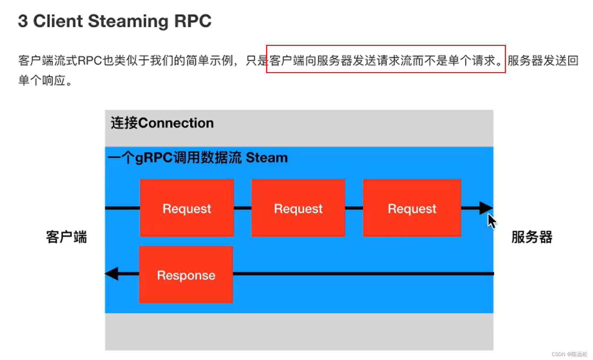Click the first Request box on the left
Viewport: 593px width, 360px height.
click(186, 208)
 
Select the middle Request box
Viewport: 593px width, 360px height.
click(298, 208)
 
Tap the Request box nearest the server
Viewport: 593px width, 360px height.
click(412, 208)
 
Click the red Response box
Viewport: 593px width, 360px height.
click(186, 275)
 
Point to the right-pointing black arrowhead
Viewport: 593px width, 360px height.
click(486, 208)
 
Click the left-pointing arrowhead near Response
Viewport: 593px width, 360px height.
click(112, 274)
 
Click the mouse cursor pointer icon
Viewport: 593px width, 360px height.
click(492, 221)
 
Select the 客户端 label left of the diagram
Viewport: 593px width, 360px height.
click(66, 237)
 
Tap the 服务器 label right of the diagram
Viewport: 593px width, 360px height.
click(532, 237)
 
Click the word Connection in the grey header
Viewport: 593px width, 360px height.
click(176, 123)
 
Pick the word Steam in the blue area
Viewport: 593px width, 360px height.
click(266, 158)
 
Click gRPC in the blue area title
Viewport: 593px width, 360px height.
click(154, 158)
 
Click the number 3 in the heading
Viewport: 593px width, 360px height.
click(23, 21)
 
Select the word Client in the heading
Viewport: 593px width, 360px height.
click(58, 21)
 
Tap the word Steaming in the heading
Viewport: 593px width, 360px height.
click(128, 21)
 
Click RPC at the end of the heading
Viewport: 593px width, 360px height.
click(193, 21)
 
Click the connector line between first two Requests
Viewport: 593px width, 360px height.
click(242, 208)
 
